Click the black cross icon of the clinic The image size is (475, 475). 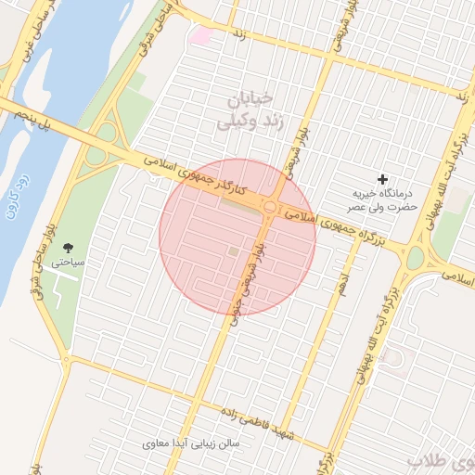point(382,178)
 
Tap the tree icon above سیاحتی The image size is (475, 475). point(69,248)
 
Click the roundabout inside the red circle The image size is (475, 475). point(270,207)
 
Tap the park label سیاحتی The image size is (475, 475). point(69,263)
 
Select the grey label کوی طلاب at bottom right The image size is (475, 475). point(441,460)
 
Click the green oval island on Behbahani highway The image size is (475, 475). point(415,257)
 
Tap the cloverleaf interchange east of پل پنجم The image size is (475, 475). point(105,148)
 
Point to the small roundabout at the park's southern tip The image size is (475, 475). point(66,359)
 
